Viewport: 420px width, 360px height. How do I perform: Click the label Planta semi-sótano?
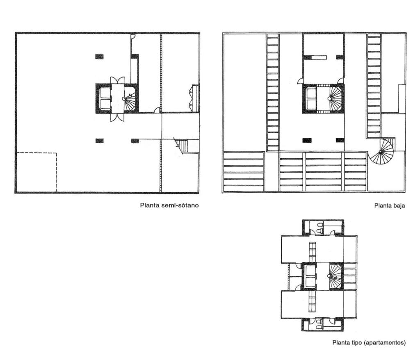coord(169,205)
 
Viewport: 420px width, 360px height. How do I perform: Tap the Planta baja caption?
coord(390,206)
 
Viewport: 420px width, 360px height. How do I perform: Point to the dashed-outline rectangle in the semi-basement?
coord(37,153)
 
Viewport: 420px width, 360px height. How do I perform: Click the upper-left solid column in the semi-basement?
coord(99,57)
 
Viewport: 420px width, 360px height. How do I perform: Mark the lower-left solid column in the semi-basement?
coord(99,141)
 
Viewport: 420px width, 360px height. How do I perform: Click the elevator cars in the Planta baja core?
coord(311,98)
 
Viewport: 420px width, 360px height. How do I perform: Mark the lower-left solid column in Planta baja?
coord(307,140)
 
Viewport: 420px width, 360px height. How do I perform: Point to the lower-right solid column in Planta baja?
coord(340,140)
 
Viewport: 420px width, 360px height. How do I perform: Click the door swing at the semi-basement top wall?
coord(133,36)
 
